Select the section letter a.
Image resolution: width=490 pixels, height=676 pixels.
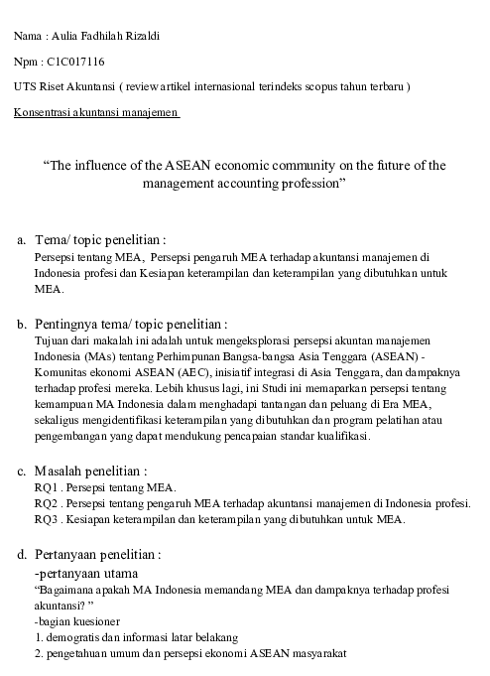pos(20,240)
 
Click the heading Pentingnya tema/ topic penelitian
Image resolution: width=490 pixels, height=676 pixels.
pos(130,324)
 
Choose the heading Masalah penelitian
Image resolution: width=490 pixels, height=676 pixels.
pos(90,471)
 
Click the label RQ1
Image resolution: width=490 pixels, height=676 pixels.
pos(47,488)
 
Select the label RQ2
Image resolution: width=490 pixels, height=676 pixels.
pos(47,503)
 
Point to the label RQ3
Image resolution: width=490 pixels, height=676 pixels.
pos(47,518)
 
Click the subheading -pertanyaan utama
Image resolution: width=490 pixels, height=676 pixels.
pos(86,572)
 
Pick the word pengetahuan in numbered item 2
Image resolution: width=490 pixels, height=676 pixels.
pos(81,654)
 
